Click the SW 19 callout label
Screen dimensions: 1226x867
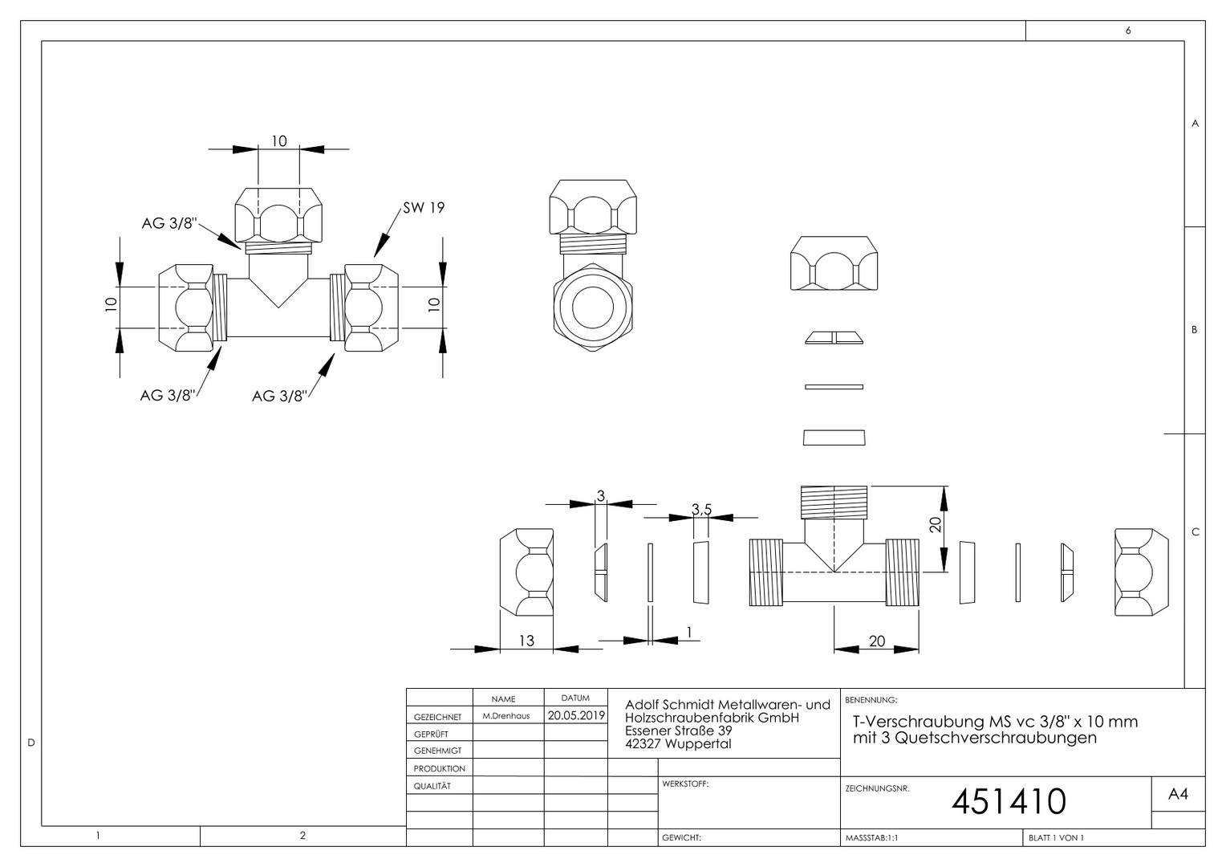pos(424,208)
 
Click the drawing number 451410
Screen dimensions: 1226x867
pos(1009,802)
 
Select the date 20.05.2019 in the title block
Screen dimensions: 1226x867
pos(576,715)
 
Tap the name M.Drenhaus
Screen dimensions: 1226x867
pos(505,716)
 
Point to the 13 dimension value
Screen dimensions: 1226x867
pos(526,641)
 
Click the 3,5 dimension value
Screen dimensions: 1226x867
pos(702,510)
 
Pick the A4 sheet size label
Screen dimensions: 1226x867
pos(1178,794)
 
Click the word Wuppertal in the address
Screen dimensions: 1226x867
pos(698,743)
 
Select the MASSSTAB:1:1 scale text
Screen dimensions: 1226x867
pos(871,838)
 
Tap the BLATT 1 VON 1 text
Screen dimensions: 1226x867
pos(1056,838)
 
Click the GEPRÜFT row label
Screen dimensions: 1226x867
pos(431,735)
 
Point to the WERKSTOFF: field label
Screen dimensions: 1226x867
pos(685,784)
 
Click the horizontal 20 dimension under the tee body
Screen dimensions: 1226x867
pos(877,641)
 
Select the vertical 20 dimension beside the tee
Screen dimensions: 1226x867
pos(936,525)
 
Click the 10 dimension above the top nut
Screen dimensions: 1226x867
pos(279,141)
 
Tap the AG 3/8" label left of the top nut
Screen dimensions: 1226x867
pos(169,223)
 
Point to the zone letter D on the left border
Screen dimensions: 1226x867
pos(31,743)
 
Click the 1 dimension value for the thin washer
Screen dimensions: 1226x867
pos(689,633)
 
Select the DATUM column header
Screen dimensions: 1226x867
pos(575,698)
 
